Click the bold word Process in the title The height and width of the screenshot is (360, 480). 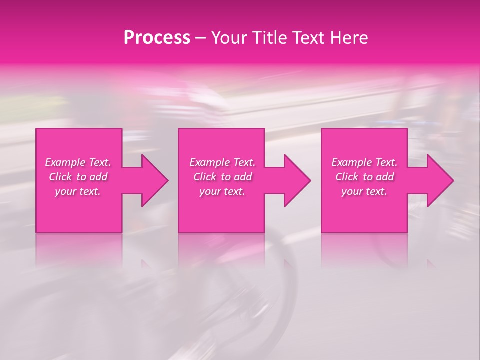[157, 38]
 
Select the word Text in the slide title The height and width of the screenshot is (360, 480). [311, 38]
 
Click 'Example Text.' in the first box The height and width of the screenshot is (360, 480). [78, 162]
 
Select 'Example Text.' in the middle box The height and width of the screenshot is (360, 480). [222, 162]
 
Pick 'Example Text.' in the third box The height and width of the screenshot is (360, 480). [364, 162]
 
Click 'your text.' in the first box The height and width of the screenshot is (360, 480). [78, 191]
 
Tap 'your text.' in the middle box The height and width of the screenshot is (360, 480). [222, 191]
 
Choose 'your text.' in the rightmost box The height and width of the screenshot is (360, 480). [364, 191]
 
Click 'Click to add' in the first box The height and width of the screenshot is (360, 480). [78, 177]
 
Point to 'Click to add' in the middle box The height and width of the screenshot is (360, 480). [222, 177]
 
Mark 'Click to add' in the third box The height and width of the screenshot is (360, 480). [364, 177]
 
